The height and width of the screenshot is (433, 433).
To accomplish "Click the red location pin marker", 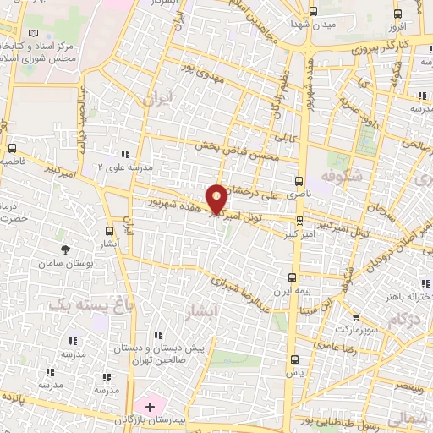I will (x=217, y=198).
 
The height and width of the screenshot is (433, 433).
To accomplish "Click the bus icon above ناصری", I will (x=298, y=181).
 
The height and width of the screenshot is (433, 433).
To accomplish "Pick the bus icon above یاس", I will (x=293, y=360).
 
